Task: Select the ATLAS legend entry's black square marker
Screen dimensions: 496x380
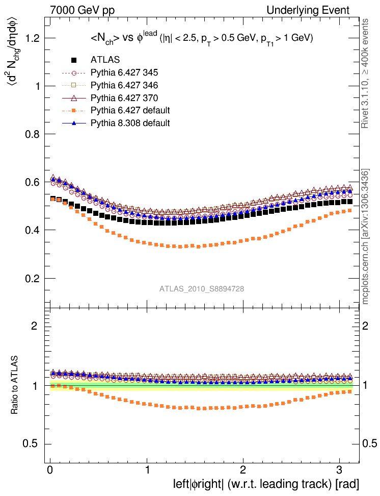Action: click(75, 60)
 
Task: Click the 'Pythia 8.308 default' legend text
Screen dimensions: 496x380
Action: click(130, 123)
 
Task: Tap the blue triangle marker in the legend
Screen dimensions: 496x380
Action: click(75, 123)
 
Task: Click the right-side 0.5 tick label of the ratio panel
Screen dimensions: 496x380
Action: click(369, 443)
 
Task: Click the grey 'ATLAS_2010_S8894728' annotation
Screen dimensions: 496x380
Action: click(202, 289)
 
